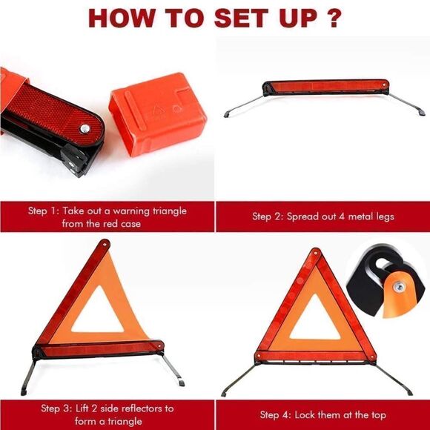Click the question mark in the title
click(x=335, y=18)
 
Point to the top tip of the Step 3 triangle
click(x=105, y=244)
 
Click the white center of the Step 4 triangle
click(x=315, y=322)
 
